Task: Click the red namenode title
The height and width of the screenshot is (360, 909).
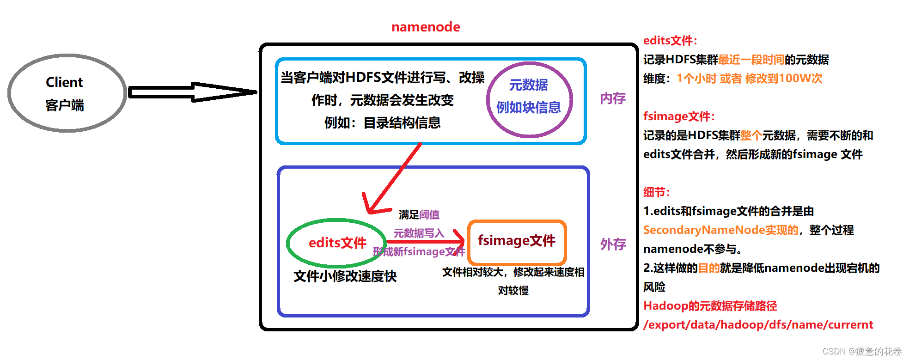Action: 426,27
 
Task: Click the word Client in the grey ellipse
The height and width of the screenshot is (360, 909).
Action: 64,82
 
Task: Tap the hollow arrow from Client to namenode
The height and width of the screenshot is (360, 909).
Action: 191,92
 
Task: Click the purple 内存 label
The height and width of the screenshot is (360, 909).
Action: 613,98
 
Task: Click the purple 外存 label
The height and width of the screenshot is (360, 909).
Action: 613,244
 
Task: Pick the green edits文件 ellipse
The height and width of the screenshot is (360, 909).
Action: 337,243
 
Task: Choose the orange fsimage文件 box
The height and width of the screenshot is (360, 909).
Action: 517,241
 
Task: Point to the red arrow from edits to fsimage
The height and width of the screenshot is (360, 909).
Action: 425,241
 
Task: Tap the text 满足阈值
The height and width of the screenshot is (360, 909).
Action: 419,215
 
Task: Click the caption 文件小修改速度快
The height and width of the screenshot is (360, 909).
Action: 345,276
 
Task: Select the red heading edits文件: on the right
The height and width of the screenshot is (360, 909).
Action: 670,41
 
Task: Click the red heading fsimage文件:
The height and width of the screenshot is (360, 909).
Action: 679,116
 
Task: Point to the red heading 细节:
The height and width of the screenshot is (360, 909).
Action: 656,192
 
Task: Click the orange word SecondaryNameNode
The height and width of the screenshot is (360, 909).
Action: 703,230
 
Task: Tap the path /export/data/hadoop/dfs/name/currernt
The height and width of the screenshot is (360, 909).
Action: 758,325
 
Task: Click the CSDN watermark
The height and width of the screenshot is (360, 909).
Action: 862,351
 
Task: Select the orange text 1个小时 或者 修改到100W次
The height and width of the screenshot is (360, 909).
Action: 749,79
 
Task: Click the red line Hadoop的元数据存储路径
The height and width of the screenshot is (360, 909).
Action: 710,306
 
